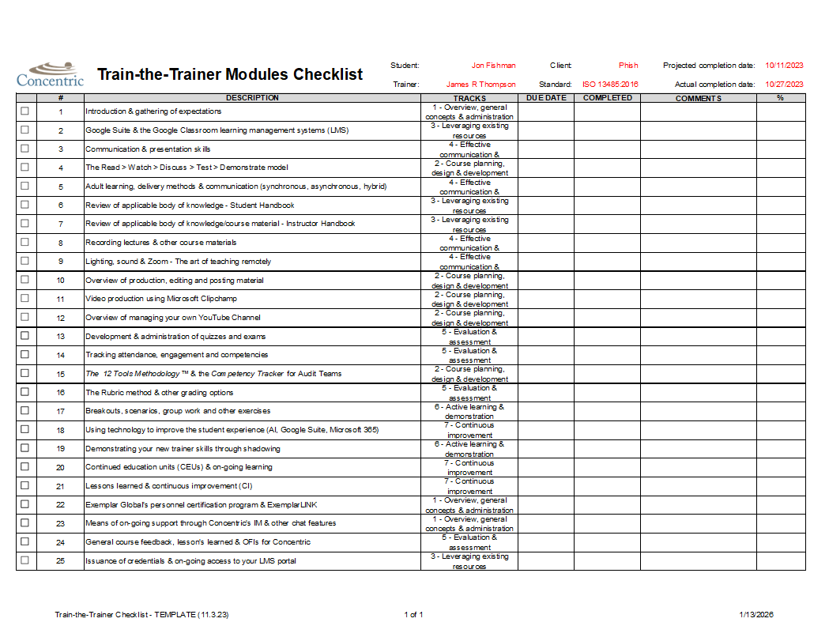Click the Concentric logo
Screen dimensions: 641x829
coord(50,74)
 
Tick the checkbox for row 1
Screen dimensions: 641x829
coord(24,111)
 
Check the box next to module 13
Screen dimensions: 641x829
coord(24,336)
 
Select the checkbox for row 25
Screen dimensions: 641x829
coord(24,560)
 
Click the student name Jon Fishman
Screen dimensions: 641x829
coord(493,66)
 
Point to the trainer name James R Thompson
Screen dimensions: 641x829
coord(480,84)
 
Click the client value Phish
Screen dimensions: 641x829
coord(628,66)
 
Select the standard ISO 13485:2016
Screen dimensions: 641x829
coord(610,84)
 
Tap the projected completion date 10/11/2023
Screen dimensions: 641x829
coord(784,66)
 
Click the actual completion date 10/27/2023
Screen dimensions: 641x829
coord(784,84)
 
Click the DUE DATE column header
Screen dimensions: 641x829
coord(546,98)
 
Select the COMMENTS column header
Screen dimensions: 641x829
coord(698,98)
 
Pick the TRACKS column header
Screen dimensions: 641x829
coord(469,98)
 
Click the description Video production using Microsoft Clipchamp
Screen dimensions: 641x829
coord(161,299)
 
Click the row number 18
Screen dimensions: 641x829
coord(60,430)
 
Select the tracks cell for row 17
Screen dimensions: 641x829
coord(469,411)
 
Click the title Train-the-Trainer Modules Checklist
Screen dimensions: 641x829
coord(230,75)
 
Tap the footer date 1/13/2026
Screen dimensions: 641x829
coord(756,615)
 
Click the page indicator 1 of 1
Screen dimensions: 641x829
coord(413,615)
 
